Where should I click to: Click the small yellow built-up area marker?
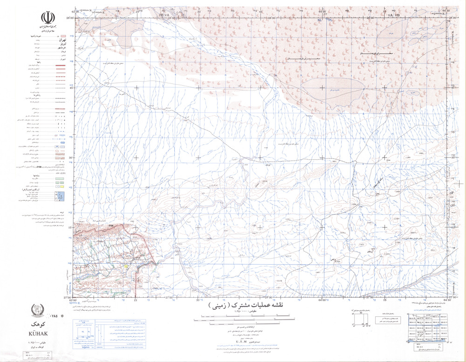tap(126, 266)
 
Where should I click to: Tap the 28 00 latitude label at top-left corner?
tap(70, 18)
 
